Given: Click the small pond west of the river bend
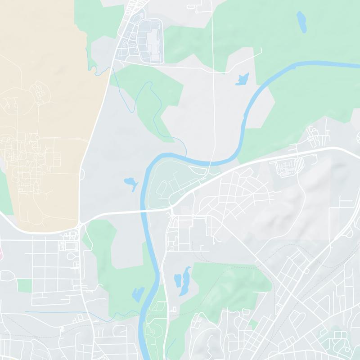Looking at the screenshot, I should coord(130,183).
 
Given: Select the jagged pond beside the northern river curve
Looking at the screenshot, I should coord(242,79).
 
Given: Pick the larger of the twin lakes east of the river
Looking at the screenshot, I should coord(184,281).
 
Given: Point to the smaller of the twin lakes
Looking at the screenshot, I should coord(177,280).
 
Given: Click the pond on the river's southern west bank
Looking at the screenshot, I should coord(138,295).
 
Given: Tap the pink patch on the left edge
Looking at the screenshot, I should coord(1,250).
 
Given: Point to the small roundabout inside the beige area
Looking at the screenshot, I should coord(38,137).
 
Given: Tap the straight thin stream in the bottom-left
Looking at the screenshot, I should coord(54,312).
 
